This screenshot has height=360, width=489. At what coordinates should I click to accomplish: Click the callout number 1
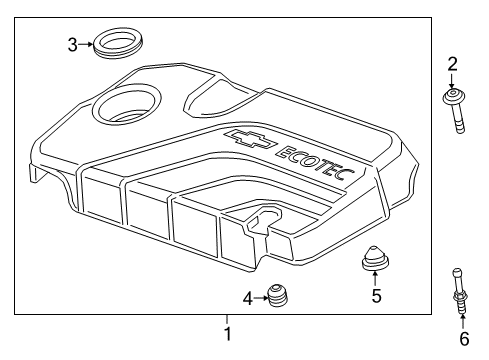point(228,333)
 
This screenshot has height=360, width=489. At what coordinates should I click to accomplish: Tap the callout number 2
point(452,65)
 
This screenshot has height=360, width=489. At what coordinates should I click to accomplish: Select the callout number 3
point(72,43)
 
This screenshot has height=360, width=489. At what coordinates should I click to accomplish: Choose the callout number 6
point(464,339)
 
